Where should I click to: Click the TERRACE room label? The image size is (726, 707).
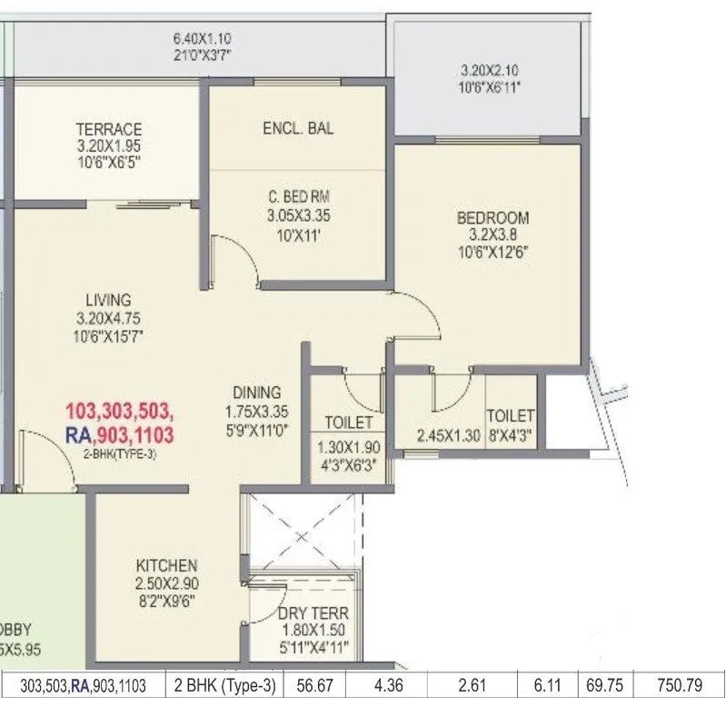[108, 129]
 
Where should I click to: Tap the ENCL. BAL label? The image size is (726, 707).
[297, 128]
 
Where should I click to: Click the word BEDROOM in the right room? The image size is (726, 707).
[492, 218]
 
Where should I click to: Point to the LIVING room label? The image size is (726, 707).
[108, 299]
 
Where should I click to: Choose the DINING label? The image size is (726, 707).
[256, 392]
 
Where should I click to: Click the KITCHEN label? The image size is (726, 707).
[166, 564]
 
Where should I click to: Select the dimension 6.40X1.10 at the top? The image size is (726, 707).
[202, 40]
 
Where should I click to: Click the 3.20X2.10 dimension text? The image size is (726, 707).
[491, 69]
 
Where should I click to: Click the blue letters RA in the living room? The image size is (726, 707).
[78, 435]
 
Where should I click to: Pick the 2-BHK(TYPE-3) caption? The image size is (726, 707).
[120, 454]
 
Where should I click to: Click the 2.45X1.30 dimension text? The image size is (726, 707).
[447, 435]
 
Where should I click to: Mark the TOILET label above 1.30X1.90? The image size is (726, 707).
[348, 423]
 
